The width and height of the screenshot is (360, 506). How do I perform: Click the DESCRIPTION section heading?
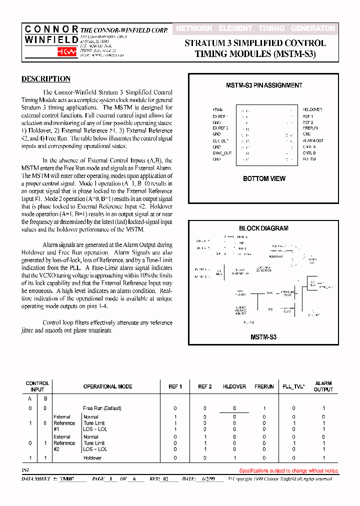click(46, 79)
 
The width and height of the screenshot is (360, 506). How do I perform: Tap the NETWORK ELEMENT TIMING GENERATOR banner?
click(255, 29)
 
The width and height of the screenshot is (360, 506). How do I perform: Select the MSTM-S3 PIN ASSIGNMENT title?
click(264, 85)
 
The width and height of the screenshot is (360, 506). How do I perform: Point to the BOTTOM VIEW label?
click(264, 178)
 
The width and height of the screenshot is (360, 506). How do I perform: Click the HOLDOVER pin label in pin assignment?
click(312, 109)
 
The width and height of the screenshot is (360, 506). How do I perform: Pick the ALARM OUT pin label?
click(313, 141)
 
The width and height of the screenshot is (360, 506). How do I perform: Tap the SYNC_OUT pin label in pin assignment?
click(222, 153)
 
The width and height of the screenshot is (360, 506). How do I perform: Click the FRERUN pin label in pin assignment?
click(310, 128)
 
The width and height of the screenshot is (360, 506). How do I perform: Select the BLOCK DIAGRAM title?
click(263, 228)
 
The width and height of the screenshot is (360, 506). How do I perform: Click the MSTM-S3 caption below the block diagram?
click(263, 337)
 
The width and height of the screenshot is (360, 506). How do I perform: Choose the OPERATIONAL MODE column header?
click(107, 386)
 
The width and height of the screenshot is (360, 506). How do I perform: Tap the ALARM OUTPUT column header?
click(323, 386)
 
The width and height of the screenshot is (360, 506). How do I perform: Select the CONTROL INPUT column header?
click(37, 386)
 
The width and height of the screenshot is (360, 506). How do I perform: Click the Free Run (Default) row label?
click(102, 408)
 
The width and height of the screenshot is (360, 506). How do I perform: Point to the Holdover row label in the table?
click(92, 458)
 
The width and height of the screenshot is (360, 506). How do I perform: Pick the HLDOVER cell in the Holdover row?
click(234, 458)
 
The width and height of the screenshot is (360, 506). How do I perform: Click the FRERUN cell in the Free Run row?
click(264, 408)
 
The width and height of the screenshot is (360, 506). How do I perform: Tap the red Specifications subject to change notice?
click(288, 470)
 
